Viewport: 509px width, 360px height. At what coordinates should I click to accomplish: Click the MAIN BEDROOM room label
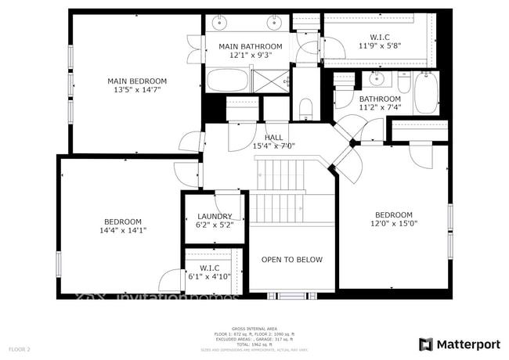[x=137, y=81]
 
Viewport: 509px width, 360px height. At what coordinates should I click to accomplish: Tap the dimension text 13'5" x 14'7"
[x=137, y=91]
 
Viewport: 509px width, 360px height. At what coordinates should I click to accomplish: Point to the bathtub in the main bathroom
[x=227, y=80]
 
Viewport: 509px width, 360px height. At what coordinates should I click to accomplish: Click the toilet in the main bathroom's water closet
[x=305, y=106]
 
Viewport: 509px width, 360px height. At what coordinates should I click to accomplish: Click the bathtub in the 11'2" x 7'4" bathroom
[x=426, y=93]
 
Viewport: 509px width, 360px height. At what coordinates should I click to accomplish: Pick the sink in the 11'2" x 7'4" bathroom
[x=377, y=78]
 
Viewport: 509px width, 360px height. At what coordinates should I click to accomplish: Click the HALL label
[x=273, y=137]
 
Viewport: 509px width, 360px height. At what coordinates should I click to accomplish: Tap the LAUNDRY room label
[x=215, y=216]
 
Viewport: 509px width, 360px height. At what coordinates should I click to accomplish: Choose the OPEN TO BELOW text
[x=291, y=260]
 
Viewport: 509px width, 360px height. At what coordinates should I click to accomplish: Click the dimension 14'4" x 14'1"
[x=123, y=230]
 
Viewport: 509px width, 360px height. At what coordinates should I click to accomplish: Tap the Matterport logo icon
[x=425, y=344]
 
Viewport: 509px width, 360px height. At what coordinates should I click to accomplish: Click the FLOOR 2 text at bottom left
[x=20, y=349]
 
